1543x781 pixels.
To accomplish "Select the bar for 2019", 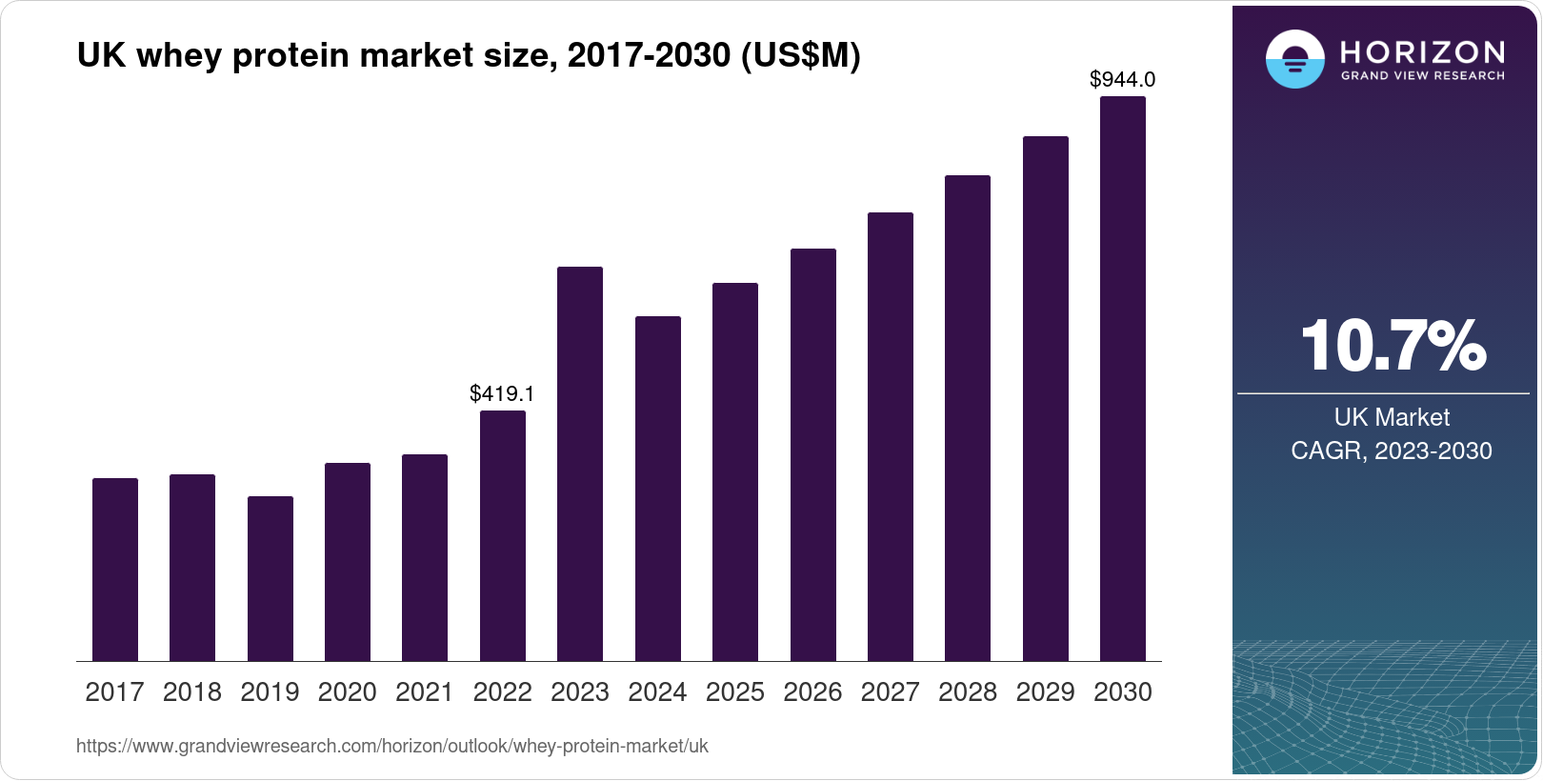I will point(271,578).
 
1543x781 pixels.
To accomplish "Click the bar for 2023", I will point(580,464).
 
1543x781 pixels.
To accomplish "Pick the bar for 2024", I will point(658,489).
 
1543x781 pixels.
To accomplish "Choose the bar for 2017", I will point(115,570).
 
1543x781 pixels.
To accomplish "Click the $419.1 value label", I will point(502,393).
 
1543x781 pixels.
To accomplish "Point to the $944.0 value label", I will point(1122,79).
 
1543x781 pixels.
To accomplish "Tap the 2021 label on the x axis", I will point(425,692).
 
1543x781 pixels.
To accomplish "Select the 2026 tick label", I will point(812,692).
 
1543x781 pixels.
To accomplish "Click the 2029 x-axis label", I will point(1045,692).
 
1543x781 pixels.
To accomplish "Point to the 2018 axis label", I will point(192,692).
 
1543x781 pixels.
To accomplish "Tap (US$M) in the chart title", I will point(800,56).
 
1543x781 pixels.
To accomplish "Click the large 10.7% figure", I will point(1393,346).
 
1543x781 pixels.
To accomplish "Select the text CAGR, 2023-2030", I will point(1391,451).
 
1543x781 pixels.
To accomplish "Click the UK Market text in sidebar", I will point(1392,417).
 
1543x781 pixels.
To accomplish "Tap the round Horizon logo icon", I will point(1294,59).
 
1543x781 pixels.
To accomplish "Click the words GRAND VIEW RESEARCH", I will point(1422,76).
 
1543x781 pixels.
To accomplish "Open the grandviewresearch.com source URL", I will point(391,747).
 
